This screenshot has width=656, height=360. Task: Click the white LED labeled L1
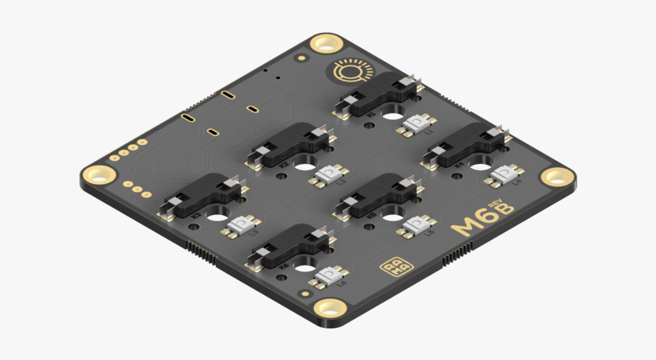click(416, 124)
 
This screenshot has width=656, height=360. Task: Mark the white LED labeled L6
click(329, 275)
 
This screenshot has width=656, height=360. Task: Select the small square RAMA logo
click(394, 268)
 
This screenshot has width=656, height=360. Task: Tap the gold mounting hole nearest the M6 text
click(558, 177)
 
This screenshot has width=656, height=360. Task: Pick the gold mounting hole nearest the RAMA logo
click(330, 308)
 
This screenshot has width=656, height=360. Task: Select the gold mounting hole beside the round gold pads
click(99, 175)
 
